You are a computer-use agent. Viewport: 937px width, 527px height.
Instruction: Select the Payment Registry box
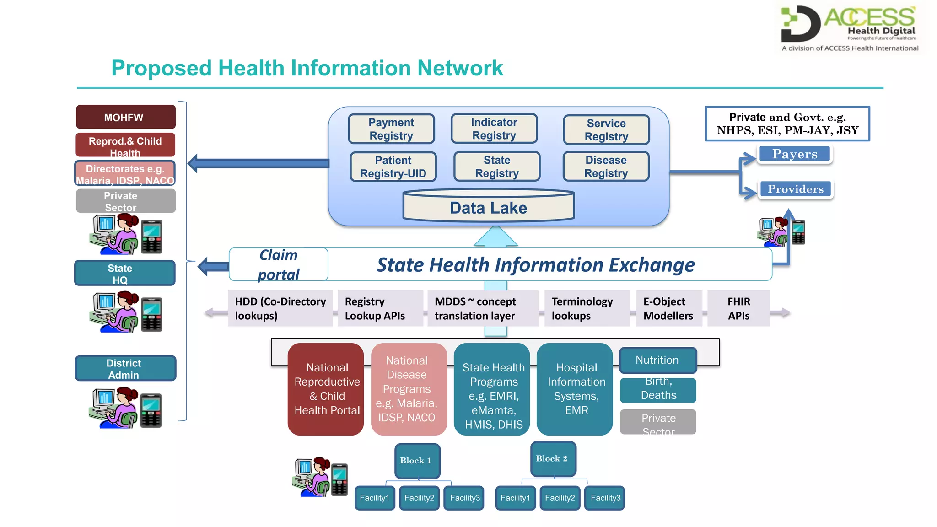[x=391, y=129]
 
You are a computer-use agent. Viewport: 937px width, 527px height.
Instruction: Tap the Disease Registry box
[x=606, y=167]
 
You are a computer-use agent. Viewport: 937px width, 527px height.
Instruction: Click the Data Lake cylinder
[x=488, y=207]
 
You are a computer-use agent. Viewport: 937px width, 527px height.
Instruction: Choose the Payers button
[x=795, y=154]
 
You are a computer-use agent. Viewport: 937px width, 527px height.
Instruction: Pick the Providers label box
[x=796, y=189]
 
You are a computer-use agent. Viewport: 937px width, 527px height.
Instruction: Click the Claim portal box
[x=279, y=264]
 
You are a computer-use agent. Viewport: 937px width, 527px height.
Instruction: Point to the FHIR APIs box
[x=738, y=308]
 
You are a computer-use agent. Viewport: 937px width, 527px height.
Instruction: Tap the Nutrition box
[x=657, y=360]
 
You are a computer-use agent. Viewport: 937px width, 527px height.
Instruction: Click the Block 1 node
[x=417, y=461]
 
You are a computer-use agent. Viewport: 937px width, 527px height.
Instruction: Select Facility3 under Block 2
[x=605, y=498]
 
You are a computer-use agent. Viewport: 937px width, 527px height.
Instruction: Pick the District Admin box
[x=125, y=369]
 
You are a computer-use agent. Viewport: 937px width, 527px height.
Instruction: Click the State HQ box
[x=124, y=274]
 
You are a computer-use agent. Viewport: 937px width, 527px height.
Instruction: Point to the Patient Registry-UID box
[x=393, y=167]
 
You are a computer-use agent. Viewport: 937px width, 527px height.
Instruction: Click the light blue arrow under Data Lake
[x=495, y=237]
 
